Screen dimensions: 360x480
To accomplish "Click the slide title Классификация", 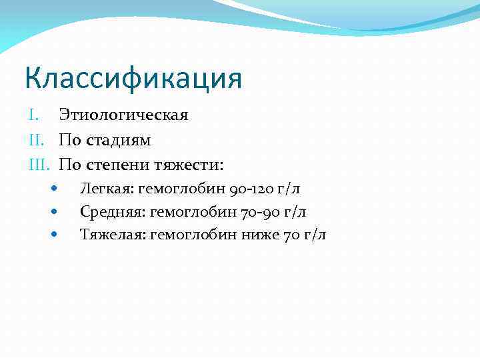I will pyautogui.click(x=133, y=79).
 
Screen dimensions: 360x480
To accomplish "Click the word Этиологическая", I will pyautogui.click(x=123, y=115).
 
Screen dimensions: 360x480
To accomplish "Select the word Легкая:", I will pyautogui.click(x=107, y=189).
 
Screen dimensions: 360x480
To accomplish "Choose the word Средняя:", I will pyautogui.click(x=113, y=212).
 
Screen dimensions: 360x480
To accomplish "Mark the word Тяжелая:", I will pyautogui.click(x=113, y=235).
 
